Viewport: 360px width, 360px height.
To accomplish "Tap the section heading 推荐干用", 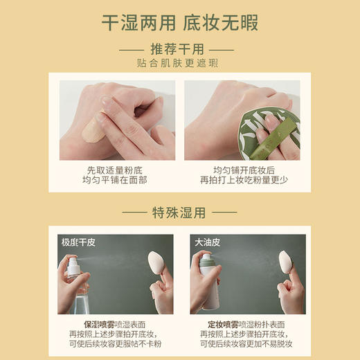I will (x=179, y=51).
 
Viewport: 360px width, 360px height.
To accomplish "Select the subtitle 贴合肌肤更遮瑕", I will (x=179, y=66).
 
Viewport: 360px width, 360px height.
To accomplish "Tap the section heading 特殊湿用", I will (x=179, y=211).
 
